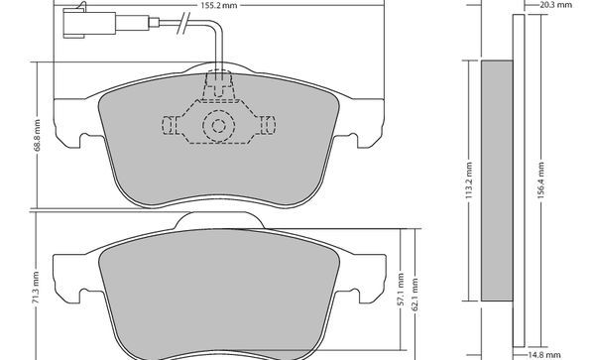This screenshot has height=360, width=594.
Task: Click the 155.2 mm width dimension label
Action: (219, 5)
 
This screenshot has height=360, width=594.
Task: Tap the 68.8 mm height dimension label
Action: (37, 135)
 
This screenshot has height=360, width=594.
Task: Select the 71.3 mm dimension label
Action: (36, 287)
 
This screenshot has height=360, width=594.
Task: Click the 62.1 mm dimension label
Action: (415, 295)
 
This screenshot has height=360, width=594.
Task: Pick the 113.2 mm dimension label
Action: (469, 180)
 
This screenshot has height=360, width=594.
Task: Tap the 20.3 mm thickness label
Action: (555, 5)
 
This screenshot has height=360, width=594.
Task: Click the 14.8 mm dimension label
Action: (544, 355)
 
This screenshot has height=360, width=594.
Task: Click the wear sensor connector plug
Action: (89, 23)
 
